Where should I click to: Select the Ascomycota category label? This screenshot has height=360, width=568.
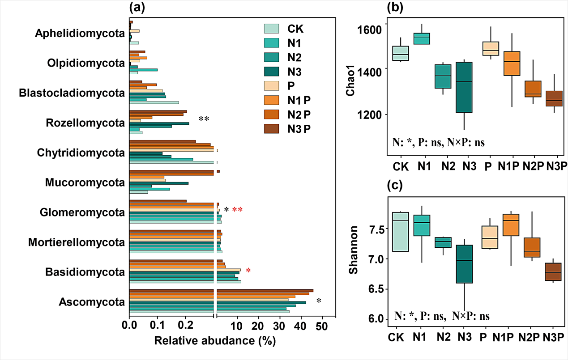point(91,303)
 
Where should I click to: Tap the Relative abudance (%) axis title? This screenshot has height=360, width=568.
point(214,341)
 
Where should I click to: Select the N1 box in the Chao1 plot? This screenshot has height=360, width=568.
point(425,38)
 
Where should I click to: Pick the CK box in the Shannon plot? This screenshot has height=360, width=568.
point(400,232)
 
